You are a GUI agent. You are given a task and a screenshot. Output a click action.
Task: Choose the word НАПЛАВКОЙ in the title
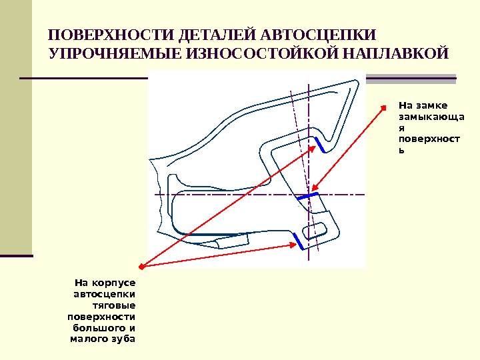[385, 53]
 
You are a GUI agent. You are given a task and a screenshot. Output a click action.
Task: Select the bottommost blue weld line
[299, 242]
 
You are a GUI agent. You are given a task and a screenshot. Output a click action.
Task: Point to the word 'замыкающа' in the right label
[422, 116]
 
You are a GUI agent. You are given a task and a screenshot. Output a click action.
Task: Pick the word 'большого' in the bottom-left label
[97, 328]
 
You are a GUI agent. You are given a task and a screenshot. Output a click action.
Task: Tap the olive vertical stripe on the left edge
[16, 127]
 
